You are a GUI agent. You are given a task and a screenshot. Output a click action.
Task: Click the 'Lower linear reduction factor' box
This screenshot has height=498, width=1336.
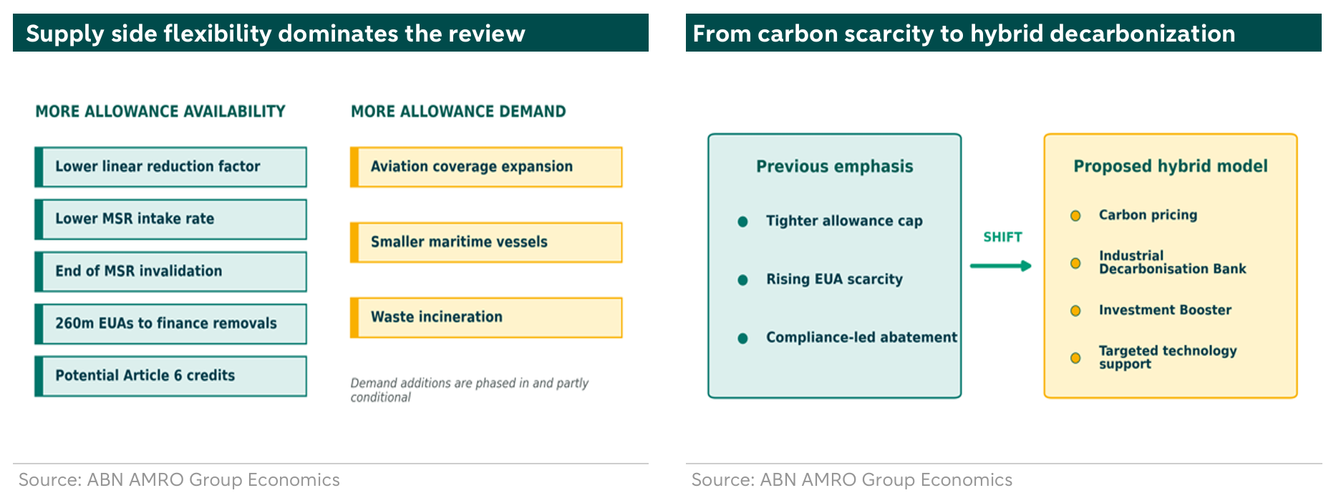(170, 167)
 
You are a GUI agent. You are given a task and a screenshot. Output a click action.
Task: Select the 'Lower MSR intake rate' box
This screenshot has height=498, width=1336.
(170, 219)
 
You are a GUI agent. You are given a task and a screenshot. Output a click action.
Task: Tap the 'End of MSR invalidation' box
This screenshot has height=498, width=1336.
(170, 272)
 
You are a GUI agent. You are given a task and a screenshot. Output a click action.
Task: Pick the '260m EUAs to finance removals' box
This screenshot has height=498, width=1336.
(170, 324)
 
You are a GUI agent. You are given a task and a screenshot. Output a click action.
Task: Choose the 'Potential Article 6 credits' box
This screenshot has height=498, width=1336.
(170, 376)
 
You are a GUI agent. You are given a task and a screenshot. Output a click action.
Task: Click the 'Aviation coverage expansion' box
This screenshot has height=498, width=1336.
(486, 167)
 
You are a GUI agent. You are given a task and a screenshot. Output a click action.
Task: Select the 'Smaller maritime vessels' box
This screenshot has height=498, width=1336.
(486, 242)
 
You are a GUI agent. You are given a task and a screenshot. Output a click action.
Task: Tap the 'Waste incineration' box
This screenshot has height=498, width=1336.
(486, 317)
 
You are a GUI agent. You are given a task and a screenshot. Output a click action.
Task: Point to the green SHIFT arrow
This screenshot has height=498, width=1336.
(1001, 266)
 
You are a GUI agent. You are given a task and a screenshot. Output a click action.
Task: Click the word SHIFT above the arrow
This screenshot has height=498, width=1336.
(1002, 237)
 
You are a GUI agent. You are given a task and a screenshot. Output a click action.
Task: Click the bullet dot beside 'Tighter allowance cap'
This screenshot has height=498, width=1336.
(742, 221)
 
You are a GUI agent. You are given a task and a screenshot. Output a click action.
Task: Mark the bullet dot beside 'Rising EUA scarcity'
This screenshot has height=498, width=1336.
(742, 280)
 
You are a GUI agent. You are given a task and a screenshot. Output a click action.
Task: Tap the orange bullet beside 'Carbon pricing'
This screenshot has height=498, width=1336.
(1075, 216)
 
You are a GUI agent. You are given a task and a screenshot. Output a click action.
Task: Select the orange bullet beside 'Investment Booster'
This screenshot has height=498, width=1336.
(1075, 311)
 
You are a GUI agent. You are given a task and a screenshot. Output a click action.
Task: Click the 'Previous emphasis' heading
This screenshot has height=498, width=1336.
(835, 166)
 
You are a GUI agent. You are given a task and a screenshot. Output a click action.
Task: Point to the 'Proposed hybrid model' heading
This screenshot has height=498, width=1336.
(1171, 166)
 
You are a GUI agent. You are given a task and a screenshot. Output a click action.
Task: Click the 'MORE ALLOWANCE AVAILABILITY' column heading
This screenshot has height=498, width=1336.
(160, 111)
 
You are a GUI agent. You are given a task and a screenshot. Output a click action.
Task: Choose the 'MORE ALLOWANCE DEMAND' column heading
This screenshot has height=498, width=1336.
(458, 111)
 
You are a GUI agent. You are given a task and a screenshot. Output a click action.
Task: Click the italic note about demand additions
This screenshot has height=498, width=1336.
(469, 390)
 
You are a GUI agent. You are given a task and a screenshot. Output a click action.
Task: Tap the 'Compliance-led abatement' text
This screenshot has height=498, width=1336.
(861, 337)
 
